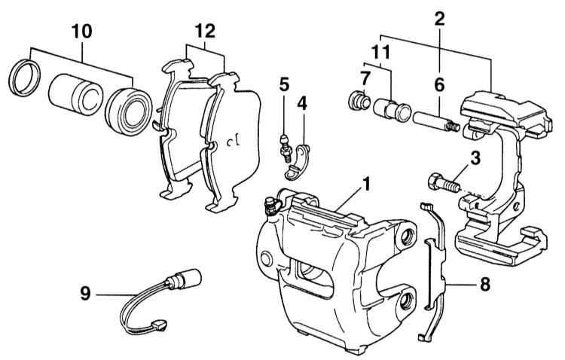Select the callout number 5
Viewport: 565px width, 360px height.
tap(284, 84)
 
